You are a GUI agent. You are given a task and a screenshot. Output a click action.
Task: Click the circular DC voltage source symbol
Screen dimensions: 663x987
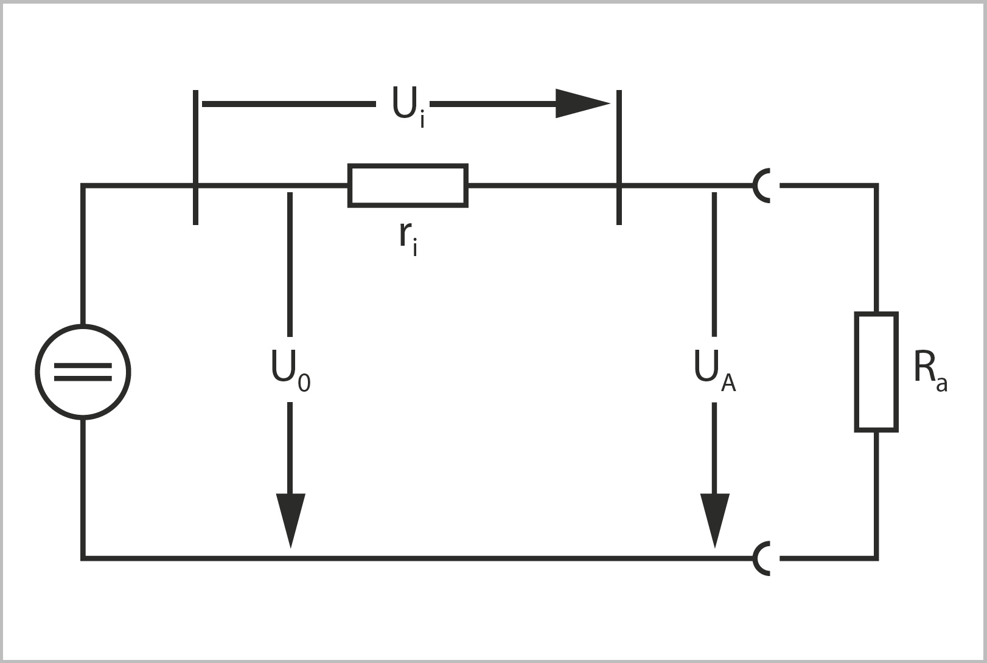pyautogui.click(x=83, y=372)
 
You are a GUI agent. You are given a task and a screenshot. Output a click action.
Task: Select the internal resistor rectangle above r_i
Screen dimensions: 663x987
pyautogui.click(x=408, y=185)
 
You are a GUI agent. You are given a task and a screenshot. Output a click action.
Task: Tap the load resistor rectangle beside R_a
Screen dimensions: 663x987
pyautogui.click(x=876, y=372)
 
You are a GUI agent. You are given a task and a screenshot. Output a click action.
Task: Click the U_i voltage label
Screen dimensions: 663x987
pyautogui.click(x=408, y=106)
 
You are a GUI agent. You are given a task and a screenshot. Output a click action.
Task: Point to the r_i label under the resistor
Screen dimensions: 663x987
pyautogui.click(x=408, y=238)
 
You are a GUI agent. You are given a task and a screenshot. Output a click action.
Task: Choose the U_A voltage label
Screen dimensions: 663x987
pyautogui.click(x=714, y=370)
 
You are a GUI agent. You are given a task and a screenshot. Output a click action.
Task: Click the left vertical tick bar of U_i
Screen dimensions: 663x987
pyautogui.click(x=195, y=157)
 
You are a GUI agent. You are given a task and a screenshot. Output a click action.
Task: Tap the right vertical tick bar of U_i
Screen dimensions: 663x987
pyautogui.click(x=619, y=157)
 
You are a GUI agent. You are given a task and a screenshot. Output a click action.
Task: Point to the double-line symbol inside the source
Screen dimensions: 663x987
pyautogui.click(x=83, y=372)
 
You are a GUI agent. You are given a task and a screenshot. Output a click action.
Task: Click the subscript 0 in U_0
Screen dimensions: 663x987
pyautogui.click(x=304, y=383)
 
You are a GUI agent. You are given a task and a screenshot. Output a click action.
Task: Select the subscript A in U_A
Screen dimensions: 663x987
pyautogui.click(x=728, y=383)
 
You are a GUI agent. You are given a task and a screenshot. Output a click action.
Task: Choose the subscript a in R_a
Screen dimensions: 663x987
pyautogui.click(x=942, y=384)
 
